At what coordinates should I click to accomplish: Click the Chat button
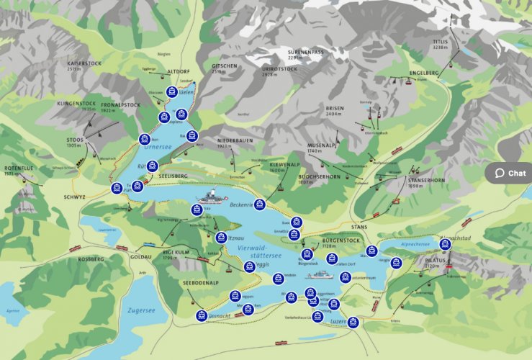510,173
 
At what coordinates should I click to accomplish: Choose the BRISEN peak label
335,107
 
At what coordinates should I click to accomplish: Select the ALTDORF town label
177,71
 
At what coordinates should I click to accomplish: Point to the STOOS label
73,139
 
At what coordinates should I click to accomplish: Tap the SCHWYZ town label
74,197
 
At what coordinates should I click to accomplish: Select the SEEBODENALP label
201,282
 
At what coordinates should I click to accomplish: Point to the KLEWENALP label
284,164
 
